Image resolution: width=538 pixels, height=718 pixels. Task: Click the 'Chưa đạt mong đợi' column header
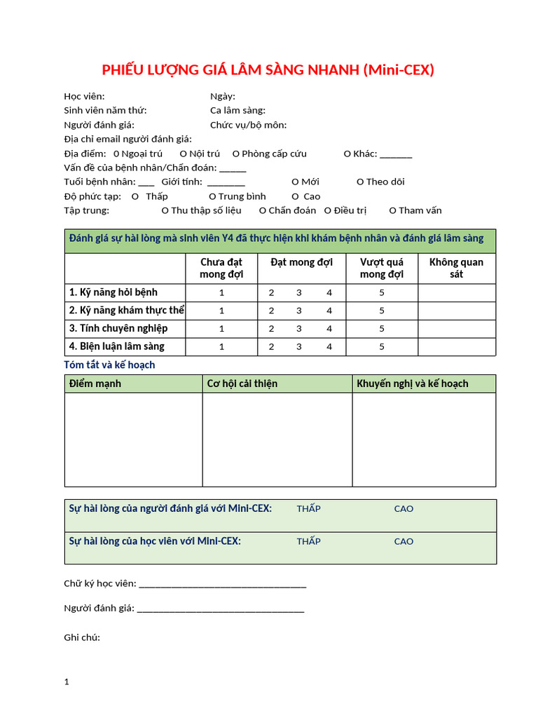tap(221, 268)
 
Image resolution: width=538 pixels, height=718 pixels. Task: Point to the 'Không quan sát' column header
tap(456, 268)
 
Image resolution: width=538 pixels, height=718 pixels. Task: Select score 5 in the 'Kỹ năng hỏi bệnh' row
tap(382, 292)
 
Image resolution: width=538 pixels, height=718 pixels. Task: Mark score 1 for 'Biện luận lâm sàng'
tap(222, 346)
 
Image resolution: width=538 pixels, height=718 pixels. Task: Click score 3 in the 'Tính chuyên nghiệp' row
tap(299, 328)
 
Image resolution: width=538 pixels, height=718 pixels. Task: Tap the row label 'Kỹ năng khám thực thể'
tap(126, 310)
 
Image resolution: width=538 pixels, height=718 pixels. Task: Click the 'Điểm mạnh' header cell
tap(95, 384)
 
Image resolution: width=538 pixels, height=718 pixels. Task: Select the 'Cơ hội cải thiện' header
tap(242, 384)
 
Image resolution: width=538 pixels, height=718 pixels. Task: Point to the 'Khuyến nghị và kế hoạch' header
tap(413, 384)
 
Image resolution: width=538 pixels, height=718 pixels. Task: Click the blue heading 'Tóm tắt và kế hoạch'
tap(109, 365)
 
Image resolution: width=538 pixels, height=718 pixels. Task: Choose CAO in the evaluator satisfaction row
tap(403, 508)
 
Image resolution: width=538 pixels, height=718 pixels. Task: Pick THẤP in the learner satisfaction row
tap(308, 541)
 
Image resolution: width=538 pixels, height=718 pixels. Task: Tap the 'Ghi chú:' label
tap(82, 637)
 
